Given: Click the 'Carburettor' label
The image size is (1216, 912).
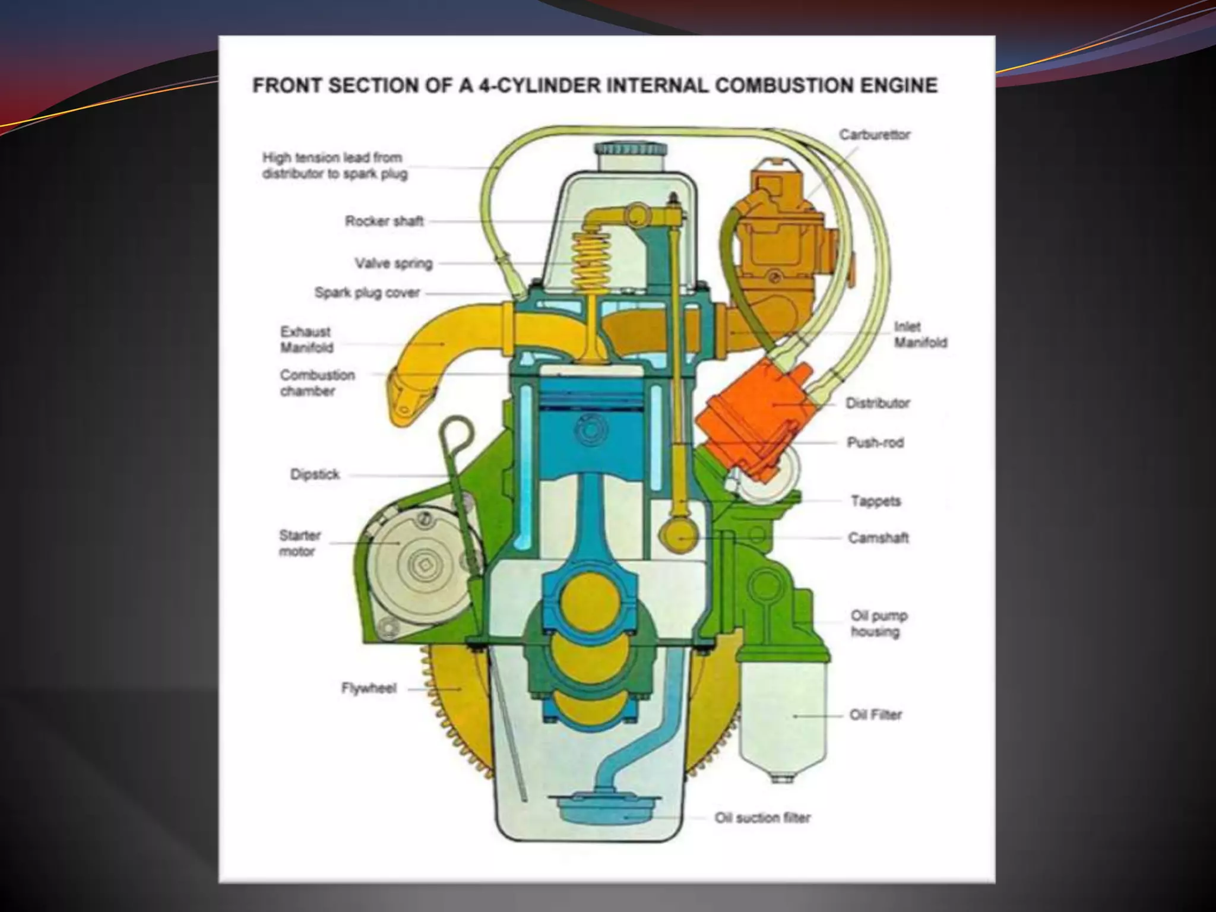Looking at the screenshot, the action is tap(874, 135).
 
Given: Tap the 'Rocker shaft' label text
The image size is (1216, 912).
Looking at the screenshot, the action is tap(384, 221).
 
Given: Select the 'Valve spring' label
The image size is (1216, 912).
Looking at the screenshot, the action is tap(394, 263).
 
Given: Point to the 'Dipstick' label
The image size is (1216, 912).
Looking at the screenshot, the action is tap(315, 474).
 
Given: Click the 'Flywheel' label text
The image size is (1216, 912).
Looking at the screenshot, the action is tap(368, 689).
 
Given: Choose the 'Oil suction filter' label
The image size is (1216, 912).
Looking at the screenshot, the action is tap(762, 818).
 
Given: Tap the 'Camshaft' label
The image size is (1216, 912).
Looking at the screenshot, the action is tap(878, 538).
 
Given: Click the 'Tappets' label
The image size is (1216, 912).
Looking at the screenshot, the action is tap(876, 501).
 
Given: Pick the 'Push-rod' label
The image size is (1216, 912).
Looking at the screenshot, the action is tap(875, 443).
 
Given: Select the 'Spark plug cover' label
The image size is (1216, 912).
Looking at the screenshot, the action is tap(367, 293).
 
